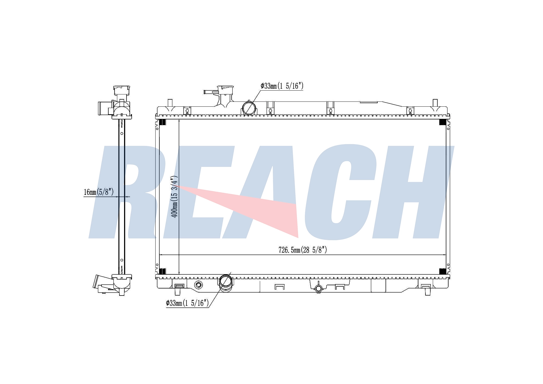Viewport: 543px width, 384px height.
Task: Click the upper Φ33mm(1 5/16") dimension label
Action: point(282,86)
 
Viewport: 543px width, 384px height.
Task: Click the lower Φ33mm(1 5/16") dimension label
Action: point(187,303)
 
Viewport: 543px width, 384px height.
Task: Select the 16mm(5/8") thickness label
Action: point(99,192)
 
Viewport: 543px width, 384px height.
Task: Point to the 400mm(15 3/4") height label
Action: point(174,196)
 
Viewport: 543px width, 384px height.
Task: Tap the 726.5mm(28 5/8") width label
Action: point(303,250)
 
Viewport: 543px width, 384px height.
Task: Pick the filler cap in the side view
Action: point(122,90)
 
